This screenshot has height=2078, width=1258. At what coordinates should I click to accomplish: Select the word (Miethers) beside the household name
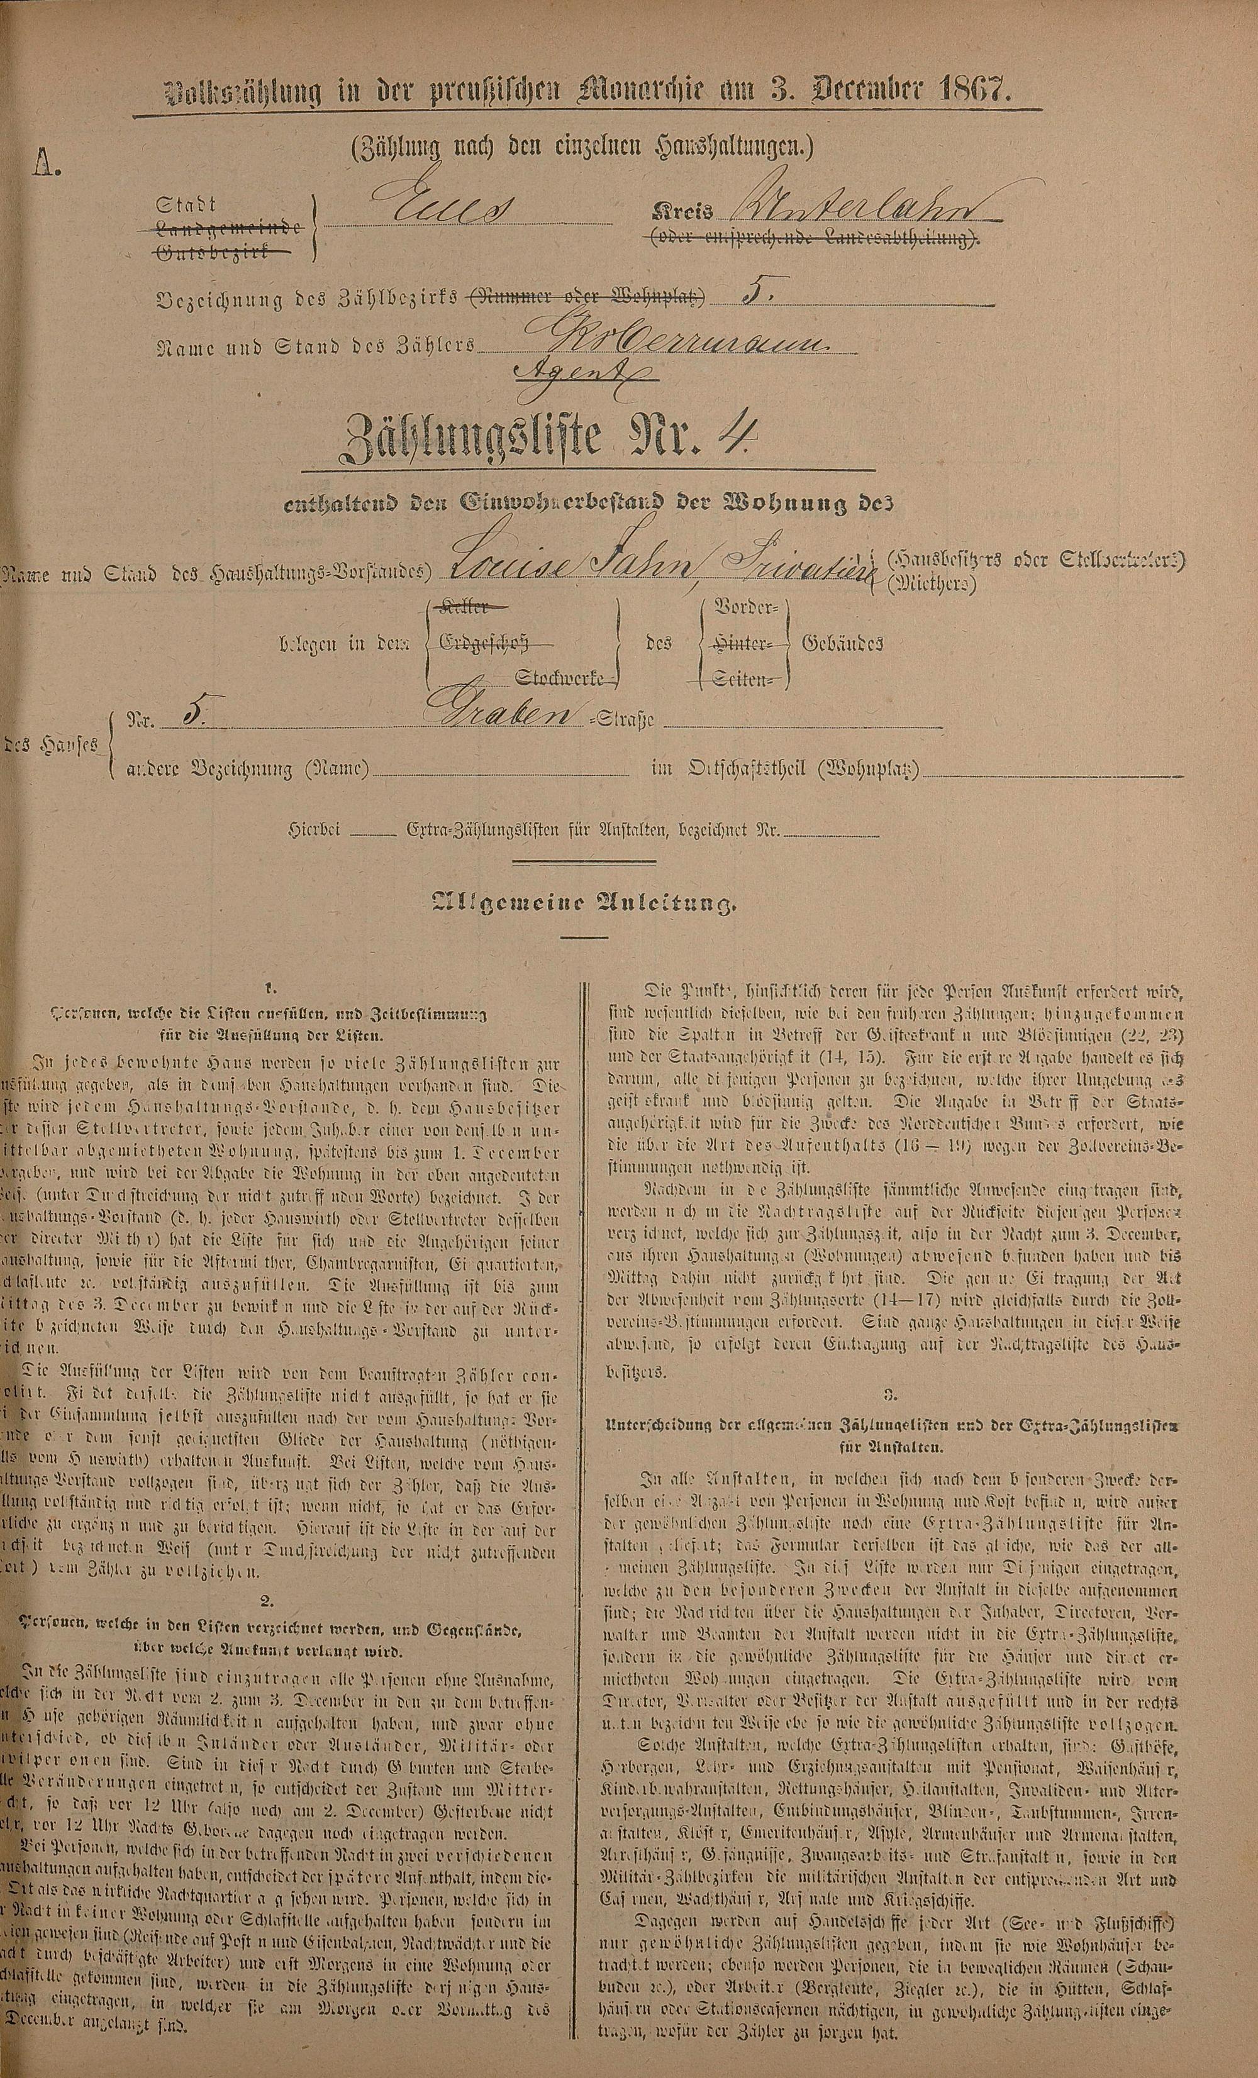click(x=932, y=583)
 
